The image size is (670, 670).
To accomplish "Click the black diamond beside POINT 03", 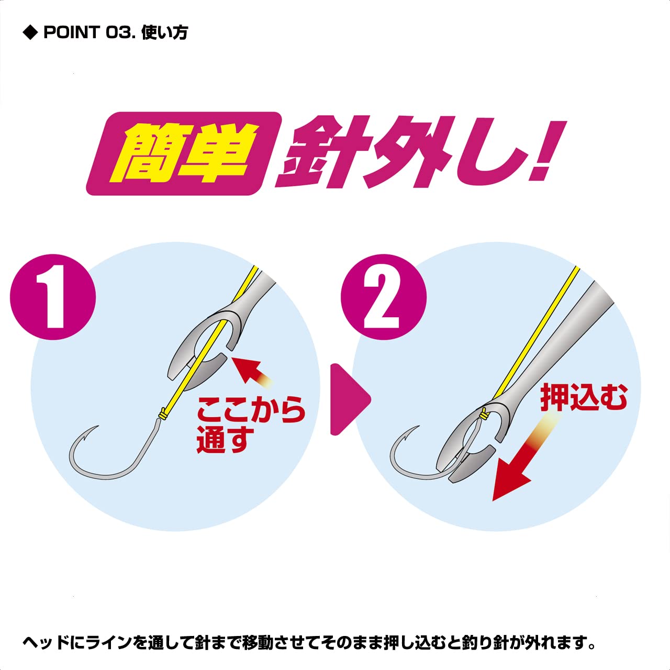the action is [30, 33].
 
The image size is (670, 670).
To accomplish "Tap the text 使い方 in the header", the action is [164, 33].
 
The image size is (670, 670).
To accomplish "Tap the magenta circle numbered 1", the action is [53, 297].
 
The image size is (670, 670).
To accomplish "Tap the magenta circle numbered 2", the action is [384, 297].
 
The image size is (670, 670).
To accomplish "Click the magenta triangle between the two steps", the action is [350, 399].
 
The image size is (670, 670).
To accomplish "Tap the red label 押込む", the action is [584, 397].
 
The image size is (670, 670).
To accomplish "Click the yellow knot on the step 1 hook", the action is [162, 414].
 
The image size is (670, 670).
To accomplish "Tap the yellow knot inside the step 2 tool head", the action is [483, 413].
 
